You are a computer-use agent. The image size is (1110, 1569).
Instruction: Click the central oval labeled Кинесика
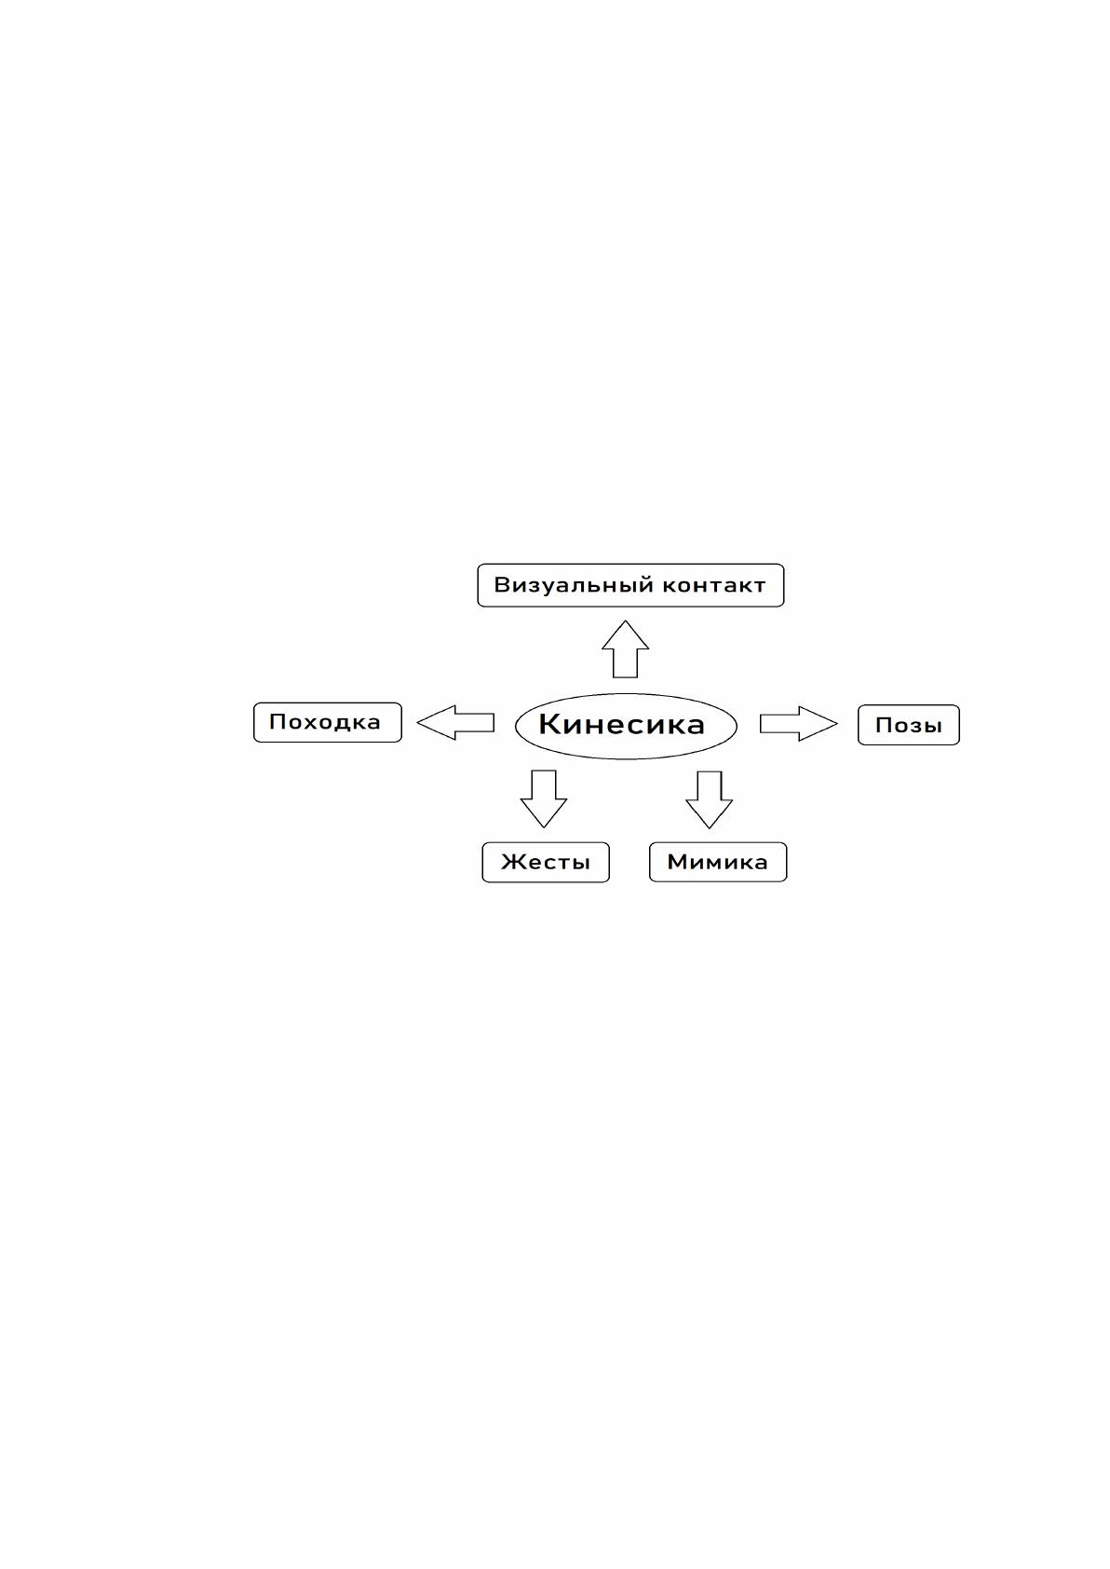(x=626, y=727)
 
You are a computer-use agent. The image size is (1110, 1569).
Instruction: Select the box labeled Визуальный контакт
(x=630, y=585)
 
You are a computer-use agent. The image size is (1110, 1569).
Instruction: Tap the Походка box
(x=328, y=722)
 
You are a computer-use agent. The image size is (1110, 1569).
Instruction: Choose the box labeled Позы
(x=909, y=725)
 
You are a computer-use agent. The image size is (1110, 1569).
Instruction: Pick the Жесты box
(x=546, y=862)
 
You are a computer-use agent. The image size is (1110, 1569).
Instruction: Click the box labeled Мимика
(x=718, y=862)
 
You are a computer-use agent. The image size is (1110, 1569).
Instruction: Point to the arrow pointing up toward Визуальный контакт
(x=625, y=649)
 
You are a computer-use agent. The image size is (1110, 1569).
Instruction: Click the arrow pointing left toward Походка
(x=455, y=723)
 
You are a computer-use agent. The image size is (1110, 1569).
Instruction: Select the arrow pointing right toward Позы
(x=799, y=724)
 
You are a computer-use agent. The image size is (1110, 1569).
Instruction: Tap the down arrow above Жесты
(x=544, y=799)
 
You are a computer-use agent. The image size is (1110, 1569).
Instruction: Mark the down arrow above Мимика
(x=709, y=800)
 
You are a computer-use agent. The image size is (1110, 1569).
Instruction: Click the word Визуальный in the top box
(x=574, y=585)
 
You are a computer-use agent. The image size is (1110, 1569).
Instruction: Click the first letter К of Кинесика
(x=549, y=724)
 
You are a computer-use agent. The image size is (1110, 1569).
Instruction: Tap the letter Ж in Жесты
(x=513, y=862)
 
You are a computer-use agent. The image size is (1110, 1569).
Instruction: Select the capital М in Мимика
(x=677, y=862)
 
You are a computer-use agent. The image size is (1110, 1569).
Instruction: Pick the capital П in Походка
(x=277, y=721)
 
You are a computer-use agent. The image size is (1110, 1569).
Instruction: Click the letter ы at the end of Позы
(x=931, y=727)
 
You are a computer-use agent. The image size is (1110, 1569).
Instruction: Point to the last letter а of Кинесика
(x=695, y=727)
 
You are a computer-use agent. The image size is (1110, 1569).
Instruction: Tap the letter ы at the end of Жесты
(x=580, y=864)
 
